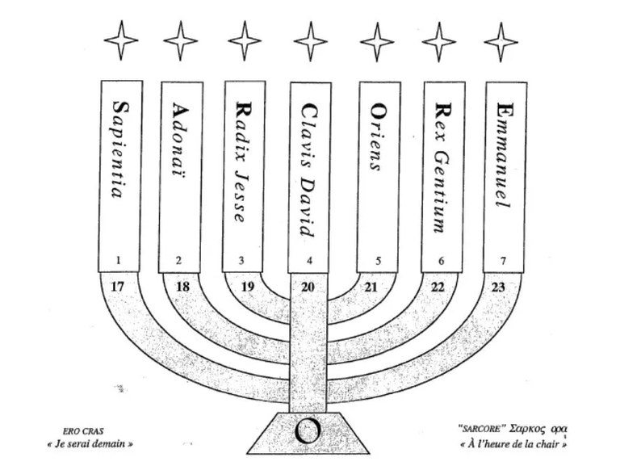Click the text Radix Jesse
(x=244, y=162)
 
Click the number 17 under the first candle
(x=119, y=286)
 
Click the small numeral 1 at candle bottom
(x=119, y=261)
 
